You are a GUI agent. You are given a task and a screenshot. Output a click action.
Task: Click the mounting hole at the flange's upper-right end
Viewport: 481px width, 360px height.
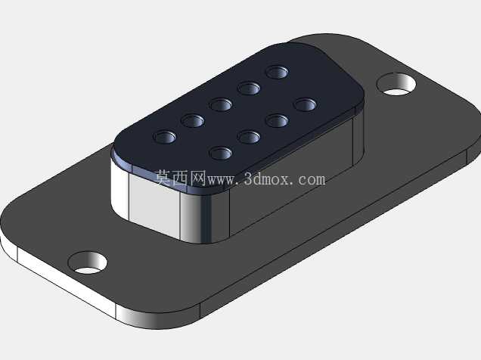click(396, 84)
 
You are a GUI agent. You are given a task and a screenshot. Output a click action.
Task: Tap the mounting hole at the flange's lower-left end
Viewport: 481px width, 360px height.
click(87, 262)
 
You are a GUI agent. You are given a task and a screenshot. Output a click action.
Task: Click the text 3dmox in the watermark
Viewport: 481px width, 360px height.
click(266, 179)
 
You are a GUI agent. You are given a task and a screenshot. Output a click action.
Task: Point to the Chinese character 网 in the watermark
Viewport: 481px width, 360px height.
click(197, 178)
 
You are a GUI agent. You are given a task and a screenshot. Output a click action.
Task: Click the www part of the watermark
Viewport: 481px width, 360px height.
click(222, 181)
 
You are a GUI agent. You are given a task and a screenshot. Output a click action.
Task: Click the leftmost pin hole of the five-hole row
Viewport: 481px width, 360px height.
click(165, 137)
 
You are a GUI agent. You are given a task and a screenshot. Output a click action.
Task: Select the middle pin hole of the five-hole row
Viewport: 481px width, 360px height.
click(221, 104)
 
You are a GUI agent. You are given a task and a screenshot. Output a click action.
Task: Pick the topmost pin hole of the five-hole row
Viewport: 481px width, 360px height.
click(277, 73)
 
